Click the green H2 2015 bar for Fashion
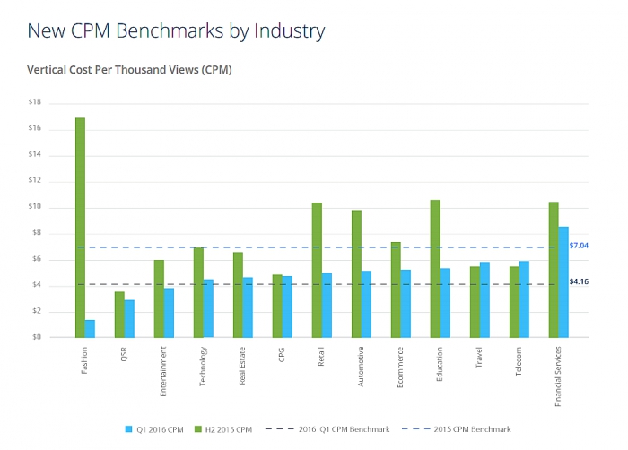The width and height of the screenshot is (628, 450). coord(80,228)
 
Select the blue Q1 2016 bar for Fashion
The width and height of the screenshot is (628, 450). coord(91,328)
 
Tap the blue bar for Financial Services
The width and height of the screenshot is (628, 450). coord(563,281)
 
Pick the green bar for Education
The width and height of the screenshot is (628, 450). coord(435,268)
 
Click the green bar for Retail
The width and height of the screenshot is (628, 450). coord(317,270)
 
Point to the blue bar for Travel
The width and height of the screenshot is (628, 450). coord(485,299)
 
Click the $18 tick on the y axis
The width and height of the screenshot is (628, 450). coord(35,102)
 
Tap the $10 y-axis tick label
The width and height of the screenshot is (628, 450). coord(35,207)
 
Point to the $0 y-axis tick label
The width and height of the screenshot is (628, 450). coord(37,337)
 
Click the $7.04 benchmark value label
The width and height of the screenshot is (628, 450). coord(580,245)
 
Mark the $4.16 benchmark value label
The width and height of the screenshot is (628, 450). coord(580,281)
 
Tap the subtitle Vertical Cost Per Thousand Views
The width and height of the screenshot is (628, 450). coord(129,69)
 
